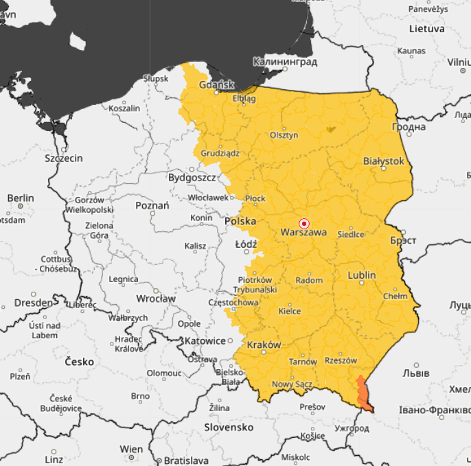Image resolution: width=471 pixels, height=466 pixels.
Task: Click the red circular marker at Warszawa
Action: point(305,224)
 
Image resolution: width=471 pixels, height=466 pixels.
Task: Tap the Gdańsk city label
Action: point(216,85)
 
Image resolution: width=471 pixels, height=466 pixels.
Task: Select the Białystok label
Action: point(384,161)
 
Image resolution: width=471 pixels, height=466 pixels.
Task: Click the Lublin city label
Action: point(362,275)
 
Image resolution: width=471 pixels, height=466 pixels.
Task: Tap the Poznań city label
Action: point(152,205)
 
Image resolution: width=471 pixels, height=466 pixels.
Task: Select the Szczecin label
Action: point(63,159)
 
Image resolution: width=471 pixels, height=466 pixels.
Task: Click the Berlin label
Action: point(20,198)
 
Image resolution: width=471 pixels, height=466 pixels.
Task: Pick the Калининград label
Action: point(285,62)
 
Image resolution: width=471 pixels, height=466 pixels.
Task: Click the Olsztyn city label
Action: point(284,135)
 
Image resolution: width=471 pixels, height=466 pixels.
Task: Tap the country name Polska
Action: point(240,221)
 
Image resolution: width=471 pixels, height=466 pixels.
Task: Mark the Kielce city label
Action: point(289,311)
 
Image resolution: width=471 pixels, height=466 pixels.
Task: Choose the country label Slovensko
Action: point(229,427)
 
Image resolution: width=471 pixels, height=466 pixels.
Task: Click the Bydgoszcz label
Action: point(192,178)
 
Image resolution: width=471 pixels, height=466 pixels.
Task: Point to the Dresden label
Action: point(33,302)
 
